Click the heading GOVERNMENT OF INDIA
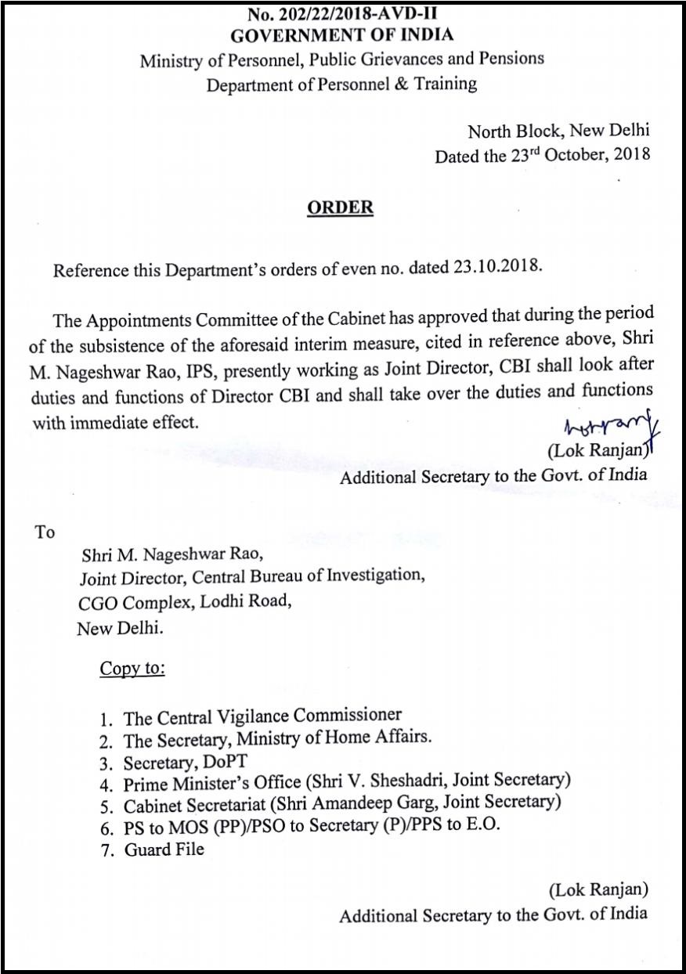tap(341, 35)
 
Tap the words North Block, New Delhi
tap(558, 131)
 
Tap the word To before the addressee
tap(45, 532)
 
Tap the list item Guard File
tap(164, 849)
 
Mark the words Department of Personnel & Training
tap(341, 83)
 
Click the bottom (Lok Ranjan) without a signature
tap(598, 889)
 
